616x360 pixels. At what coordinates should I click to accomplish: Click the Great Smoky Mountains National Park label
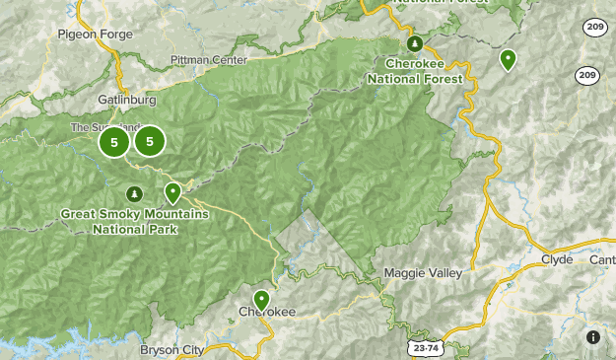[134, 222]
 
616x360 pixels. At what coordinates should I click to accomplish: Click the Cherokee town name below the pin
[267, 313]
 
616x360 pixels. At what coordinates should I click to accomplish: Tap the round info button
[593, 337]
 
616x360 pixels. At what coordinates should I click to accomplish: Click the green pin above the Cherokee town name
[261, 299]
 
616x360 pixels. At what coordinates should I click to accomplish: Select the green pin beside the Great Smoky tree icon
[172, 192]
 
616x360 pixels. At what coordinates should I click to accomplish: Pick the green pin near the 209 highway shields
[508, 59]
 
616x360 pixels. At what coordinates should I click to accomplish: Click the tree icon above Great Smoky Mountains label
[134, 194]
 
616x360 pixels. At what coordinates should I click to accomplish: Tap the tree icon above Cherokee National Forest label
[415, 43]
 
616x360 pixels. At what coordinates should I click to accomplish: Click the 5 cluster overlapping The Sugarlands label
[114, 142]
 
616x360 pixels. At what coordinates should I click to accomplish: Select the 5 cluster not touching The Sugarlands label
[150, 142]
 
